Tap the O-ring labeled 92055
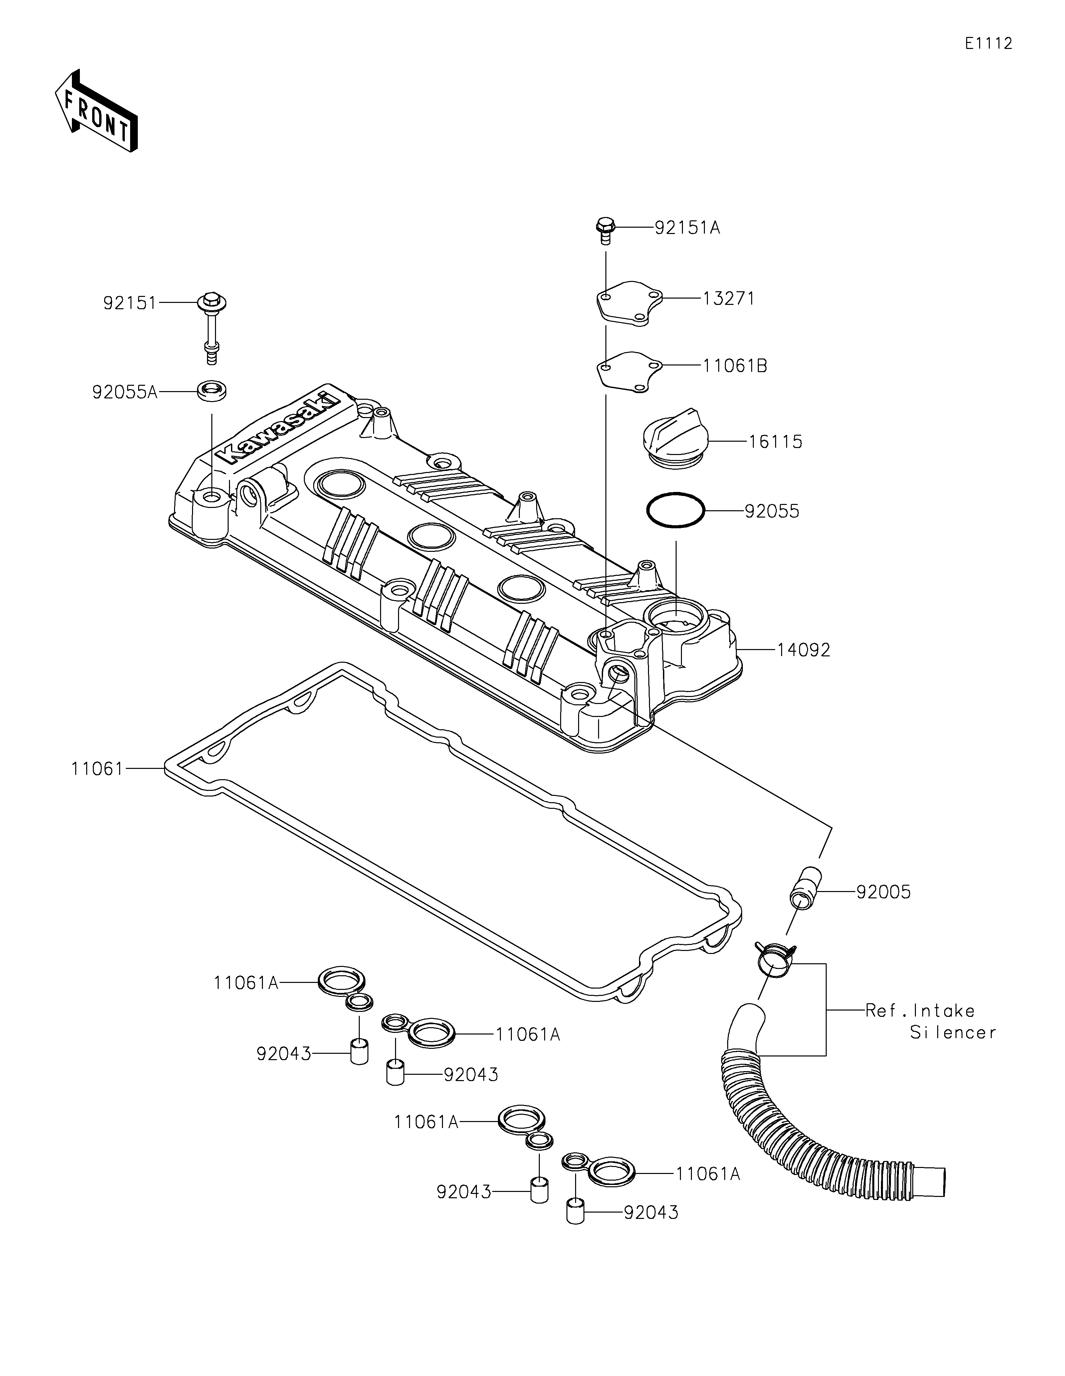point(675,509)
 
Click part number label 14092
point(803,650)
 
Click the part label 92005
point(883,892)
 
